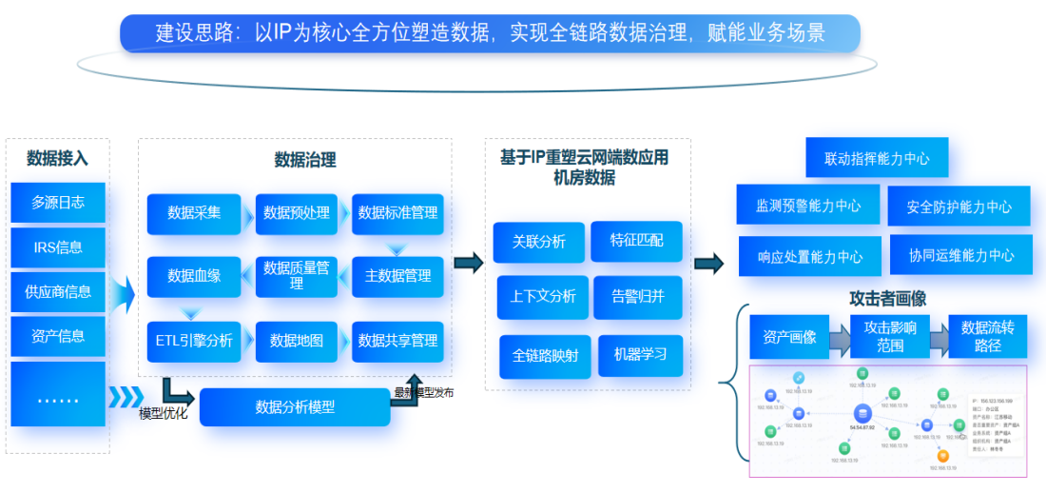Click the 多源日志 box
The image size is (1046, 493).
point(58,203)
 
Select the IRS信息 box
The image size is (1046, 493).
point(58,247)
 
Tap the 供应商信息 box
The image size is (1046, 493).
point(58,292)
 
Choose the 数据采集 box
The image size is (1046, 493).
point(194,213)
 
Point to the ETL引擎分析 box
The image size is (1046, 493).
point(194,341)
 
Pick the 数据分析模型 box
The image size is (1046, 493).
point(295,407)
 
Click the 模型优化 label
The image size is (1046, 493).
point(164,413)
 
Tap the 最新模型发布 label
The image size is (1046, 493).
point(424,392)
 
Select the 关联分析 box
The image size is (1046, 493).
point(538,242)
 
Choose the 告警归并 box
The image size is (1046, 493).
point(638,296)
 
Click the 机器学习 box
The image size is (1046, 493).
point(640,354)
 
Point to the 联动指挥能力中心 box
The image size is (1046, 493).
point(877,158)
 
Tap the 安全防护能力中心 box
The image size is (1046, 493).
point(959,207)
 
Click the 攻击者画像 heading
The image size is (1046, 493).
point(887,299)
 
